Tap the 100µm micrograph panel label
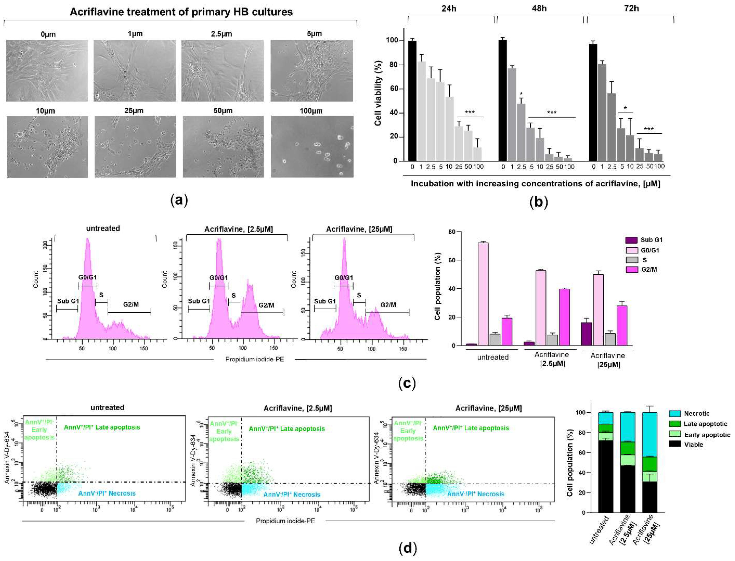pyautogui.click(x=311, y=111)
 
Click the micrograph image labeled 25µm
pyautogui.click(x=135, y=147)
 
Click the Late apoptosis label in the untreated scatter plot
pyautogui.click(x=102, y=427)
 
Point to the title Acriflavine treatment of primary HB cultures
pyautogui.click(x=181, y=12)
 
